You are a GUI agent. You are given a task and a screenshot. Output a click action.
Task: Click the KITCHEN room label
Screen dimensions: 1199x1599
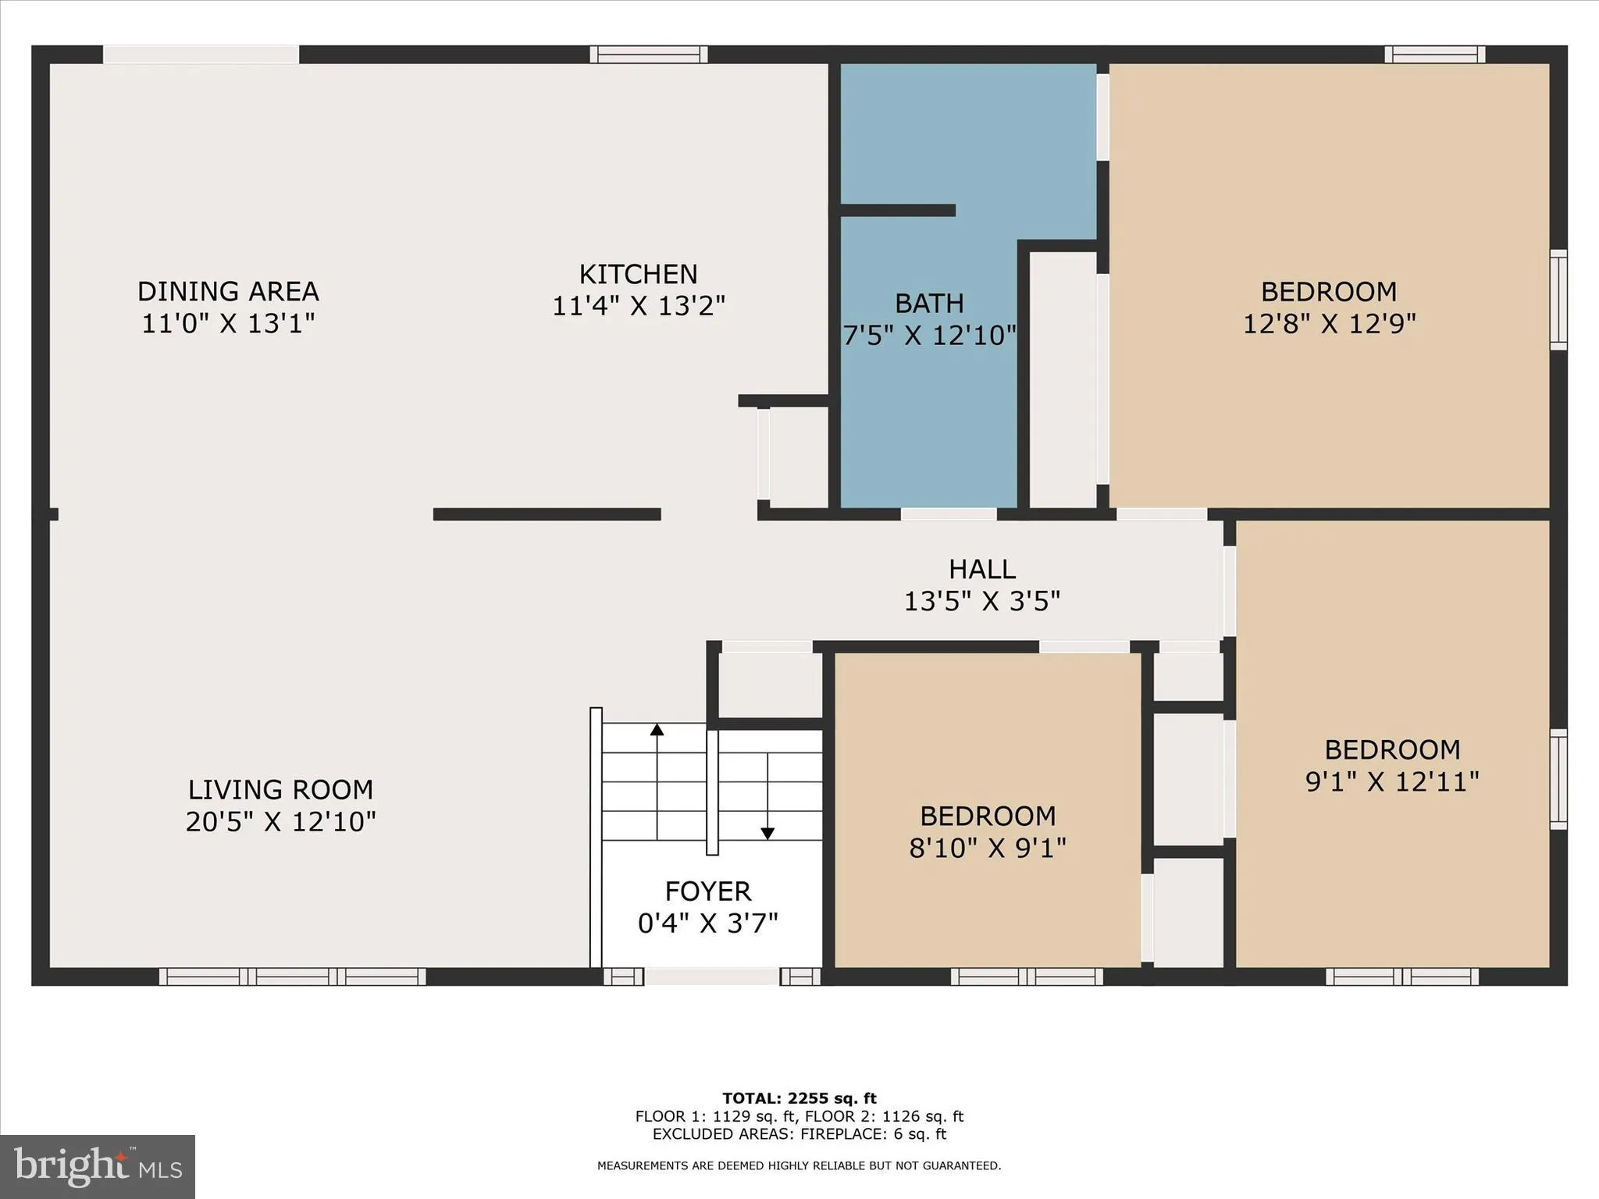click(x=638, y=275)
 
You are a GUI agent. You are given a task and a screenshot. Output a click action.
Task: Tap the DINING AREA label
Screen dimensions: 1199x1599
click(x=228, y=292)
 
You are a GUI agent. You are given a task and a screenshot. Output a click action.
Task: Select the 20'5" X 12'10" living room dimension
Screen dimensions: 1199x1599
click(x=280, y=822)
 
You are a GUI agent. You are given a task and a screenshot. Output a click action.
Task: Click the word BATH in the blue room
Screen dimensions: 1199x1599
click(x=929, y=304)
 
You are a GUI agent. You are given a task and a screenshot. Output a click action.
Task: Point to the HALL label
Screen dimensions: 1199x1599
click(x=981, y=570)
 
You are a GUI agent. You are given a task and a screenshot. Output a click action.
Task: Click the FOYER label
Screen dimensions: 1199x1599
click(x=707, y=891)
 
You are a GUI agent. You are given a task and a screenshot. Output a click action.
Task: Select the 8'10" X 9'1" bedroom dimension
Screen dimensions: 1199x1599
click(x=987, y=848)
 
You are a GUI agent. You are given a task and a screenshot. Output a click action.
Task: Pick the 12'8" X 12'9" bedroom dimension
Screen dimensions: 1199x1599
click(x=1329, y=323)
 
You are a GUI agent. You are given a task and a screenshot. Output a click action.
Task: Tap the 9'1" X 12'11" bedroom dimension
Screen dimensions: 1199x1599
click(x=1392, y=781)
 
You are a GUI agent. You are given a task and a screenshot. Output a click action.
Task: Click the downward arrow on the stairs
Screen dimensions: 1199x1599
click(x=767, y=833)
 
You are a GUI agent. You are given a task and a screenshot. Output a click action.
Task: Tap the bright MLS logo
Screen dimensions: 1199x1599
click(x=97, y=1166)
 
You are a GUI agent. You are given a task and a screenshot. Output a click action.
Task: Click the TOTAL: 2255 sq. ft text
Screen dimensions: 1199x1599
click(x=799, y=1099)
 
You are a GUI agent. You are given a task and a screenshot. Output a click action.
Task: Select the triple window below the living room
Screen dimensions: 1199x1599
click(x=293, y=977)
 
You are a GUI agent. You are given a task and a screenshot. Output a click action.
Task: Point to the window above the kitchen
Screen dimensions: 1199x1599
click(x=648, y=54)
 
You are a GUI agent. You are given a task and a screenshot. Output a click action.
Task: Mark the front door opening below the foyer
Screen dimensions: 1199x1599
click(x=711, y=977)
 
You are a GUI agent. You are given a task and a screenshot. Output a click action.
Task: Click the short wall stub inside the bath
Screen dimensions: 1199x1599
click(x=897, y=210)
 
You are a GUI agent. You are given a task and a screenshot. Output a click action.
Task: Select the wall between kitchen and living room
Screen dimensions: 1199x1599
click(x=547, y=514)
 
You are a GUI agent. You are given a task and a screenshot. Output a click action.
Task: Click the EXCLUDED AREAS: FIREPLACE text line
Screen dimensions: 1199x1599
click(x=799, y=1134)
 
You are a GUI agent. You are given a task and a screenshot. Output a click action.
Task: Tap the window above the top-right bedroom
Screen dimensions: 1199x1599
click(x=1434, y=54)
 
